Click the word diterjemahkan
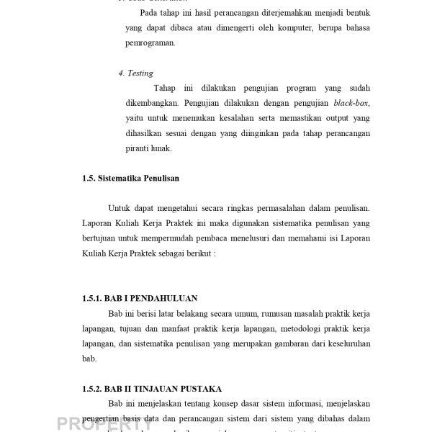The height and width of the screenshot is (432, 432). [x=259, y=13]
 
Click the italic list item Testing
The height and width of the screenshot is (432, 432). [x=140, y=73]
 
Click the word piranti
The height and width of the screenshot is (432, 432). [x=136, y=149]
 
